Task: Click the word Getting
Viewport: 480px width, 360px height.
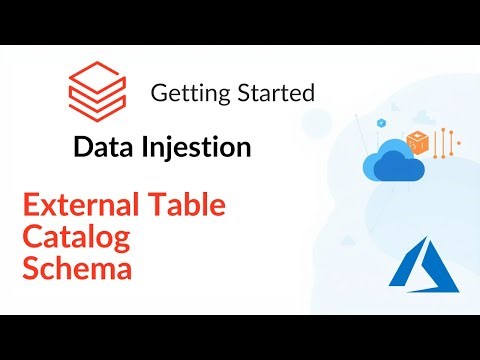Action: point(183,94)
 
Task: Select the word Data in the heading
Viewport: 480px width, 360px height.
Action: point(104,148)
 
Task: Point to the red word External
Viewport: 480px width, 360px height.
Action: point(81,207)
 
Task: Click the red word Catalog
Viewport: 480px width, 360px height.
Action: point(71,239)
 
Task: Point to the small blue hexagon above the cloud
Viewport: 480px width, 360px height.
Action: point(381,122)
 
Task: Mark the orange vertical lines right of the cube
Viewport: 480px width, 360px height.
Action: point(443,143)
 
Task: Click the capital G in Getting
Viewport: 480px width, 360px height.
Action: point(158,94)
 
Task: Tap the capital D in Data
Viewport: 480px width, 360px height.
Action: point(83,148)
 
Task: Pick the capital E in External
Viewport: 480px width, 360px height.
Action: point(31,207)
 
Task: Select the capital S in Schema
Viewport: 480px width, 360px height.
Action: point(31,270)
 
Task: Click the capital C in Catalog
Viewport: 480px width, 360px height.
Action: point(32,239)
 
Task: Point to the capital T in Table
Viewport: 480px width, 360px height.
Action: point(159,207)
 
